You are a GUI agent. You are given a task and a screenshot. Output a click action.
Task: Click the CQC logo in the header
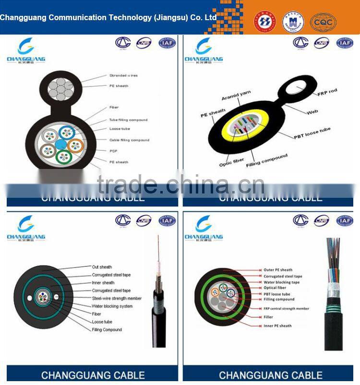click(x=323, y=22)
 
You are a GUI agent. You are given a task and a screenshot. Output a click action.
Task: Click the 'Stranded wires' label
click(x=123, y=75)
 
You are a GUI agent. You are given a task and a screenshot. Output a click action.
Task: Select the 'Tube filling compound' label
click(x=128, y=120)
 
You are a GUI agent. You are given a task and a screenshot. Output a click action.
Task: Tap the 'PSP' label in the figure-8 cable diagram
click(x=113, y=151)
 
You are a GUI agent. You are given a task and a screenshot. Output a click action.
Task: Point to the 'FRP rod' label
click(x=327, y=91)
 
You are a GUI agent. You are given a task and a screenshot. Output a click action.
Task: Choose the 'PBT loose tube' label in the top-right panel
click(x=312, y=132)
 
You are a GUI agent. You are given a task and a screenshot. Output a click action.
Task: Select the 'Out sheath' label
click(x=102, y=267)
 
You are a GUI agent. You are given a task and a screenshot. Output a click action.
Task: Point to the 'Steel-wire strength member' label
click(x=117, y=298)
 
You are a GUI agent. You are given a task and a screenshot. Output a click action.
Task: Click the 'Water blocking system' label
click(x=112, y=306)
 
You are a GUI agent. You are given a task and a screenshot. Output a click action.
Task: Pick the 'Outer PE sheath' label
click(x=278, y=270)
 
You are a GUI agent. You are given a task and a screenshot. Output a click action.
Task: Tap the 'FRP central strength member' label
click(x=286, y=309)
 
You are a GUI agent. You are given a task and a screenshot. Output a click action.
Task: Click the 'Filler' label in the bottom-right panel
click(x=268, y=317)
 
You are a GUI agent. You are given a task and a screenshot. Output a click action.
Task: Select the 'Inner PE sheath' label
click(x=277, y=326)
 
